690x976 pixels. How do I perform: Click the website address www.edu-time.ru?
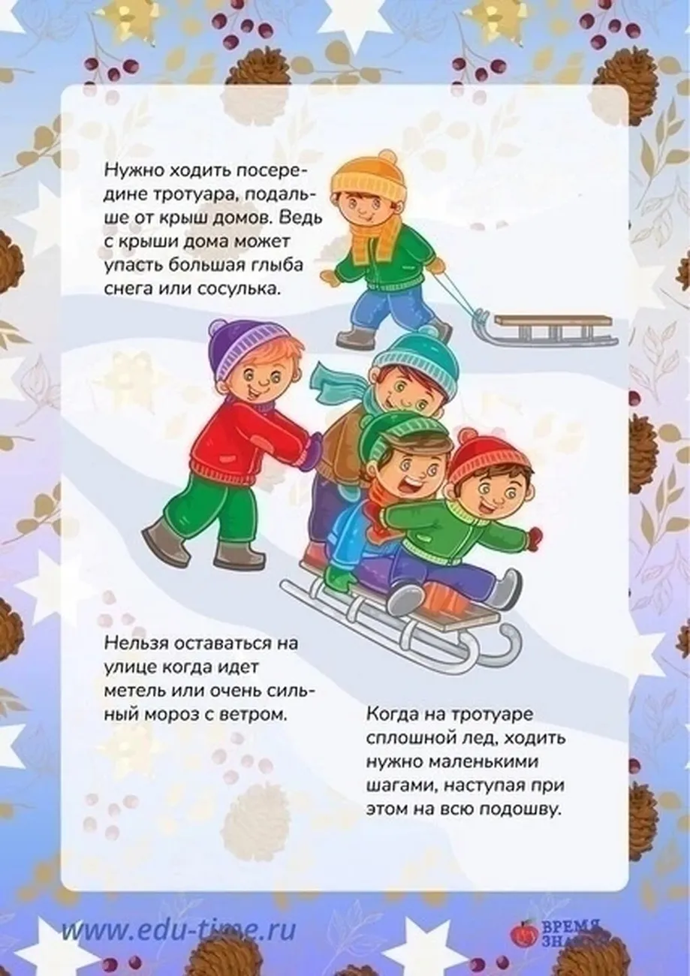click(178, 929)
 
